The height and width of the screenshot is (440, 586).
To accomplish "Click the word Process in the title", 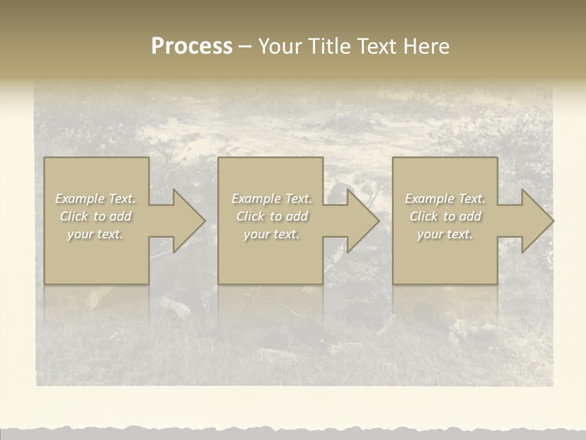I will tap(192, 46).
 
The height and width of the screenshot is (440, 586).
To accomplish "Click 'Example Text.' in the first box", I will tap(96, 199).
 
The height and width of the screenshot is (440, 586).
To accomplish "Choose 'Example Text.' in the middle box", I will tap(272, 199).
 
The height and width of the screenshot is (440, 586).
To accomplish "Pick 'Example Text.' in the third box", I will tap(445, 199).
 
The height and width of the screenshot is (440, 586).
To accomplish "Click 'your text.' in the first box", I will tap(96, 234).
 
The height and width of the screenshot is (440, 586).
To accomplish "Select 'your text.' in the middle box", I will tap(272, 234).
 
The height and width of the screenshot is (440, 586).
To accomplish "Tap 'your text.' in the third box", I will tap(445, 234).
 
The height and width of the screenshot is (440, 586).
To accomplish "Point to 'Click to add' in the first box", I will tap(96, 216).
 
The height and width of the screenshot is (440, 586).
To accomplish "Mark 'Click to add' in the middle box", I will tap(272, 216).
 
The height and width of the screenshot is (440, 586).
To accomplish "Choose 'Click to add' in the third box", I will tap(445, 216).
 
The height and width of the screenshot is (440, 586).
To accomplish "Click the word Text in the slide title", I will tap(376, 46).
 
